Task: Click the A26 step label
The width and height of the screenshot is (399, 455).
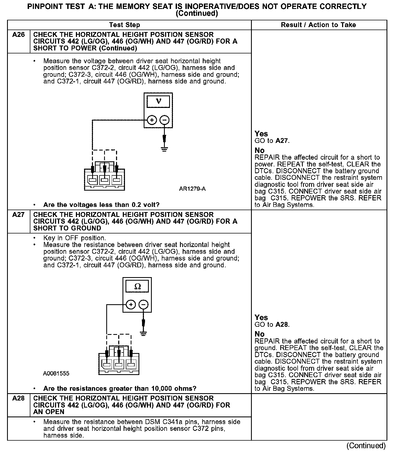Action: pyautogui.click(x=18, y=35)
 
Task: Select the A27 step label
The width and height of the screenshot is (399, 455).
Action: pyautogui.click(x=18, y=215)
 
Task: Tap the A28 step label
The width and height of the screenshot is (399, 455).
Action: pyautogui.click(x=18, y=398)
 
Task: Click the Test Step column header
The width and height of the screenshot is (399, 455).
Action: pyautogui.click(x=124, y=25)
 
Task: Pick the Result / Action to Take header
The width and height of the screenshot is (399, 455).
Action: pyautogui.click(x=318, y=25)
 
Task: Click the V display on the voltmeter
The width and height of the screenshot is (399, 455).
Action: pyautogui.click(x=158, y=102)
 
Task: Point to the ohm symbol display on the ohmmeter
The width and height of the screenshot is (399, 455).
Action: pyautogui.click(x=137, y=286)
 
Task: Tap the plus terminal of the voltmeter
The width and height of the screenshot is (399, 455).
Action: pyautogui.click(x=152, y=120)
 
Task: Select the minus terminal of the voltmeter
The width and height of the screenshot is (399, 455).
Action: pyautogui.click(x=164, y=120)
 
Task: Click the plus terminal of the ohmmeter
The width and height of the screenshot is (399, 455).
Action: pyautogui.click(x=131, y=305)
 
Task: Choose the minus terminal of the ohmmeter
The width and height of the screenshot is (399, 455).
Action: pyautogui.click(x=143, y=305)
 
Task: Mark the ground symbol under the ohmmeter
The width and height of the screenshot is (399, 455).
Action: pyautogui.click(x=144, y=333)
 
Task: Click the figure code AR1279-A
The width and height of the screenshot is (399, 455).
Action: pyautogui.click(x=192, y=189)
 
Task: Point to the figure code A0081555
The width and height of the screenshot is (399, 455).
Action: pyautogui.click(x=56, y=373)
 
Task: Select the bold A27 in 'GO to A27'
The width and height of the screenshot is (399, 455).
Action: pyautogui.click(x=282, y=141)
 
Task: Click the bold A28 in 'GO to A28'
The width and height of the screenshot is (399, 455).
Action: pyautogui.click(x=282, y=325)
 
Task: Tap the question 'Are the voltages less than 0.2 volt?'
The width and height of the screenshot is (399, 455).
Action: pyautogui.click(x=101, y=205)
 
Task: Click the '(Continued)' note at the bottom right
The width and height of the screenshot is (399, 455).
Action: pyautogui.click(x=366, y=446)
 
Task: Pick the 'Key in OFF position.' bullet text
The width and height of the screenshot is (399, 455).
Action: pyautogui.click(x=75, y=238)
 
